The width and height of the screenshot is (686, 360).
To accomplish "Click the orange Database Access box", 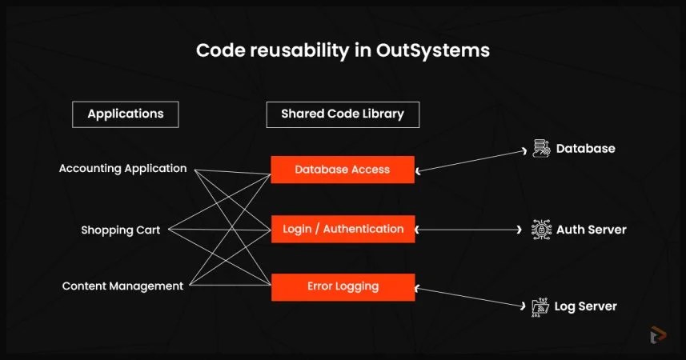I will tap(342, 170).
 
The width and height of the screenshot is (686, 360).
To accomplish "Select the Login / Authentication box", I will tap(343, 229).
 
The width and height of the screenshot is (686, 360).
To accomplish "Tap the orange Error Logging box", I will tap(343, 286).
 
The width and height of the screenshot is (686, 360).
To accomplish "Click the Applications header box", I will tap(125, 114).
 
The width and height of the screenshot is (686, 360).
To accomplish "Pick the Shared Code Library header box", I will tap(343, 114).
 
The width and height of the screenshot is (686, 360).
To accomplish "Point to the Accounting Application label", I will tap(122, 169).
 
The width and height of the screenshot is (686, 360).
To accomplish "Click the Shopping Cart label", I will tap(120, 230).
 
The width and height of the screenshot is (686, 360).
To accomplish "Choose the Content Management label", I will tap(122, 286).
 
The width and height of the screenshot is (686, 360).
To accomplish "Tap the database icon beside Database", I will tap(542, 149).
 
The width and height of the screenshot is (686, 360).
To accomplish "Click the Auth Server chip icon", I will tap(542, 230).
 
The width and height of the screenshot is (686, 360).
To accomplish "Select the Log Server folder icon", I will tap(541, 306).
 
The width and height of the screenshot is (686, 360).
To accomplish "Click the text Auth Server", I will tap(592, 230).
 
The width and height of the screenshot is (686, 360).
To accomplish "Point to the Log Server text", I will tap(586, 306).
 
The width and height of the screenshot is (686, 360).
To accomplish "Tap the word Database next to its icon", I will tap(586, 149).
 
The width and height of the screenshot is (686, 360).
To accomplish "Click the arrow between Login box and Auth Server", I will tap(469, 230).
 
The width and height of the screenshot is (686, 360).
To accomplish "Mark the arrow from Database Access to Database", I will tap(472, 159).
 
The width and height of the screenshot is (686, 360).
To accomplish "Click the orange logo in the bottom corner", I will tap(658, 334).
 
